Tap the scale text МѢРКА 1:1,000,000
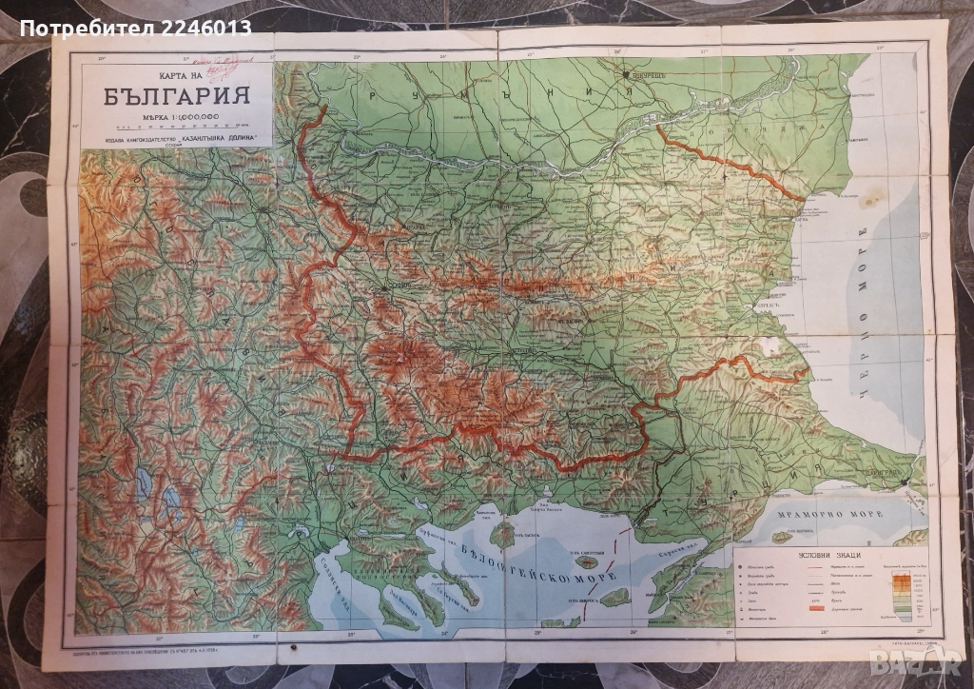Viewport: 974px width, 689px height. [x=177, y=116]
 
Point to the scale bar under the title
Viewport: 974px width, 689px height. [x=177, y=126]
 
